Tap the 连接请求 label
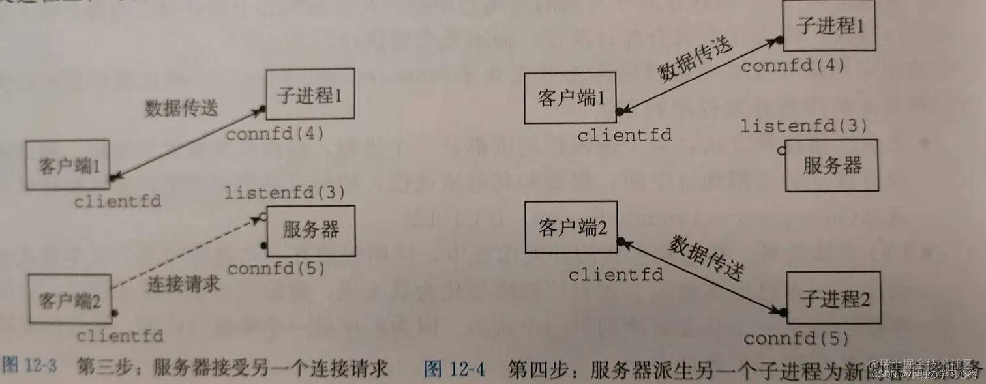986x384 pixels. coord(183,284)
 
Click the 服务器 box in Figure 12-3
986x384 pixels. coord(310,230)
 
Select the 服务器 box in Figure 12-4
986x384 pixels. coord(831,165)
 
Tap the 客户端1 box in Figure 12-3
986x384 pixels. coord(68,165)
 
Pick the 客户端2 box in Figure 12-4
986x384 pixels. coord(573,228)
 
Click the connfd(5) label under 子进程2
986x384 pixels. coord(796,338)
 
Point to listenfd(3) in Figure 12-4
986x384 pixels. coord(803,126)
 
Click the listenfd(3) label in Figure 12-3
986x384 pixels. coord(284,192)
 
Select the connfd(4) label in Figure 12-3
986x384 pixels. coord(275,134)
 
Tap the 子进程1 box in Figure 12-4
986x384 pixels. coord(829,27)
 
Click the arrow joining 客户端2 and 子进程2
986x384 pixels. coord(703,276)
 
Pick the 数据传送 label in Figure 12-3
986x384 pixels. coord(181,108)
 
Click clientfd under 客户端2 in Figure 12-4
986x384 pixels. coord(615,274)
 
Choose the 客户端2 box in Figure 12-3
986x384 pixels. coord(69,301)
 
